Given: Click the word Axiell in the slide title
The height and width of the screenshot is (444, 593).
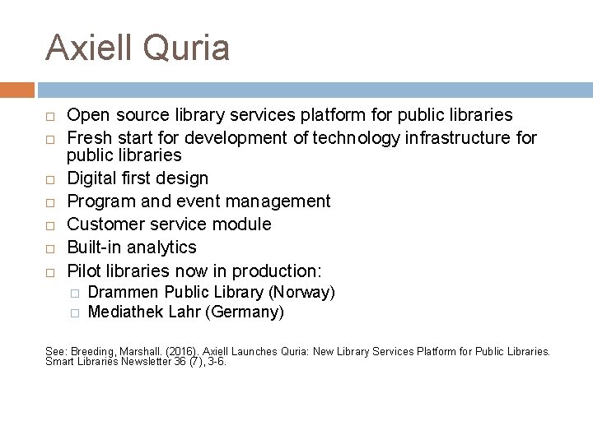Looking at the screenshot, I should click(90, 47).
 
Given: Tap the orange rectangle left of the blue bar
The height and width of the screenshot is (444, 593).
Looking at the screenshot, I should click(17, 90).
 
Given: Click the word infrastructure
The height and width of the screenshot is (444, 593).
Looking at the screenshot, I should click(458, 138).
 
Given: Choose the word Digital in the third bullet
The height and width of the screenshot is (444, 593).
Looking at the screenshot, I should click(92, 178).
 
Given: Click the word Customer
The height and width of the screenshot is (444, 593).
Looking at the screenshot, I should click(103, 224).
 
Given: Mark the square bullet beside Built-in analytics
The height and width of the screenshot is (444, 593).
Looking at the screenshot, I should click(50, 248).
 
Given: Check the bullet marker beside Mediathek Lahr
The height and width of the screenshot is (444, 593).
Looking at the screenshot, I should click(74, 312).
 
